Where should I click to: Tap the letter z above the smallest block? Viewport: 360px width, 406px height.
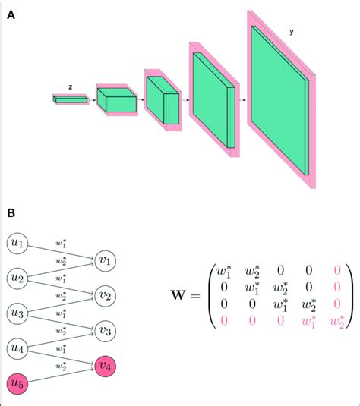click(70, 87)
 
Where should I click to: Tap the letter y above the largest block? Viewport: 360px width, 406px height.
click(292, 33)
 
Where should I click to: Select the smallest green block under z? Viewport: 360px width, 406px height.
click(70, 99)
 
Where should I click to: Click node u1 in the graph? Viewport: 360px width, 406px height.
click(17, 244)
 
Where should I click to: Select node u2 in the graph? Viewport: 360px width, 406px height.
click(17, 279)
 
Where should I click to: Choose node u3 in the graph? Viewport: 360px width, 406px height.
click(17, 313)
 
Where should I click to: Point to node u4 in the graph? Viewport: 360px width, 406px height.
click(17, 348)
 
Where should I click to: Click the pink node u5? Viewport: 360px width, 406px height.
click(17, 383)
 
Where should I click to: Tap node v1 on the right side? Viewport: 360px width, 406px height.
click(106, 261)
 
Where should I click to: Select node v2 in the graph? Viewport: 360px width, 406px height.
click(106, 296)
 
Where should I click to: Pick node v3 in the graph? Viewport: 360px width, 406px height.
click(106, 331)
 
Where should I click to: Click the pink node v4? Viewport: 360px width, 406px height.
click(106, 366)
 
